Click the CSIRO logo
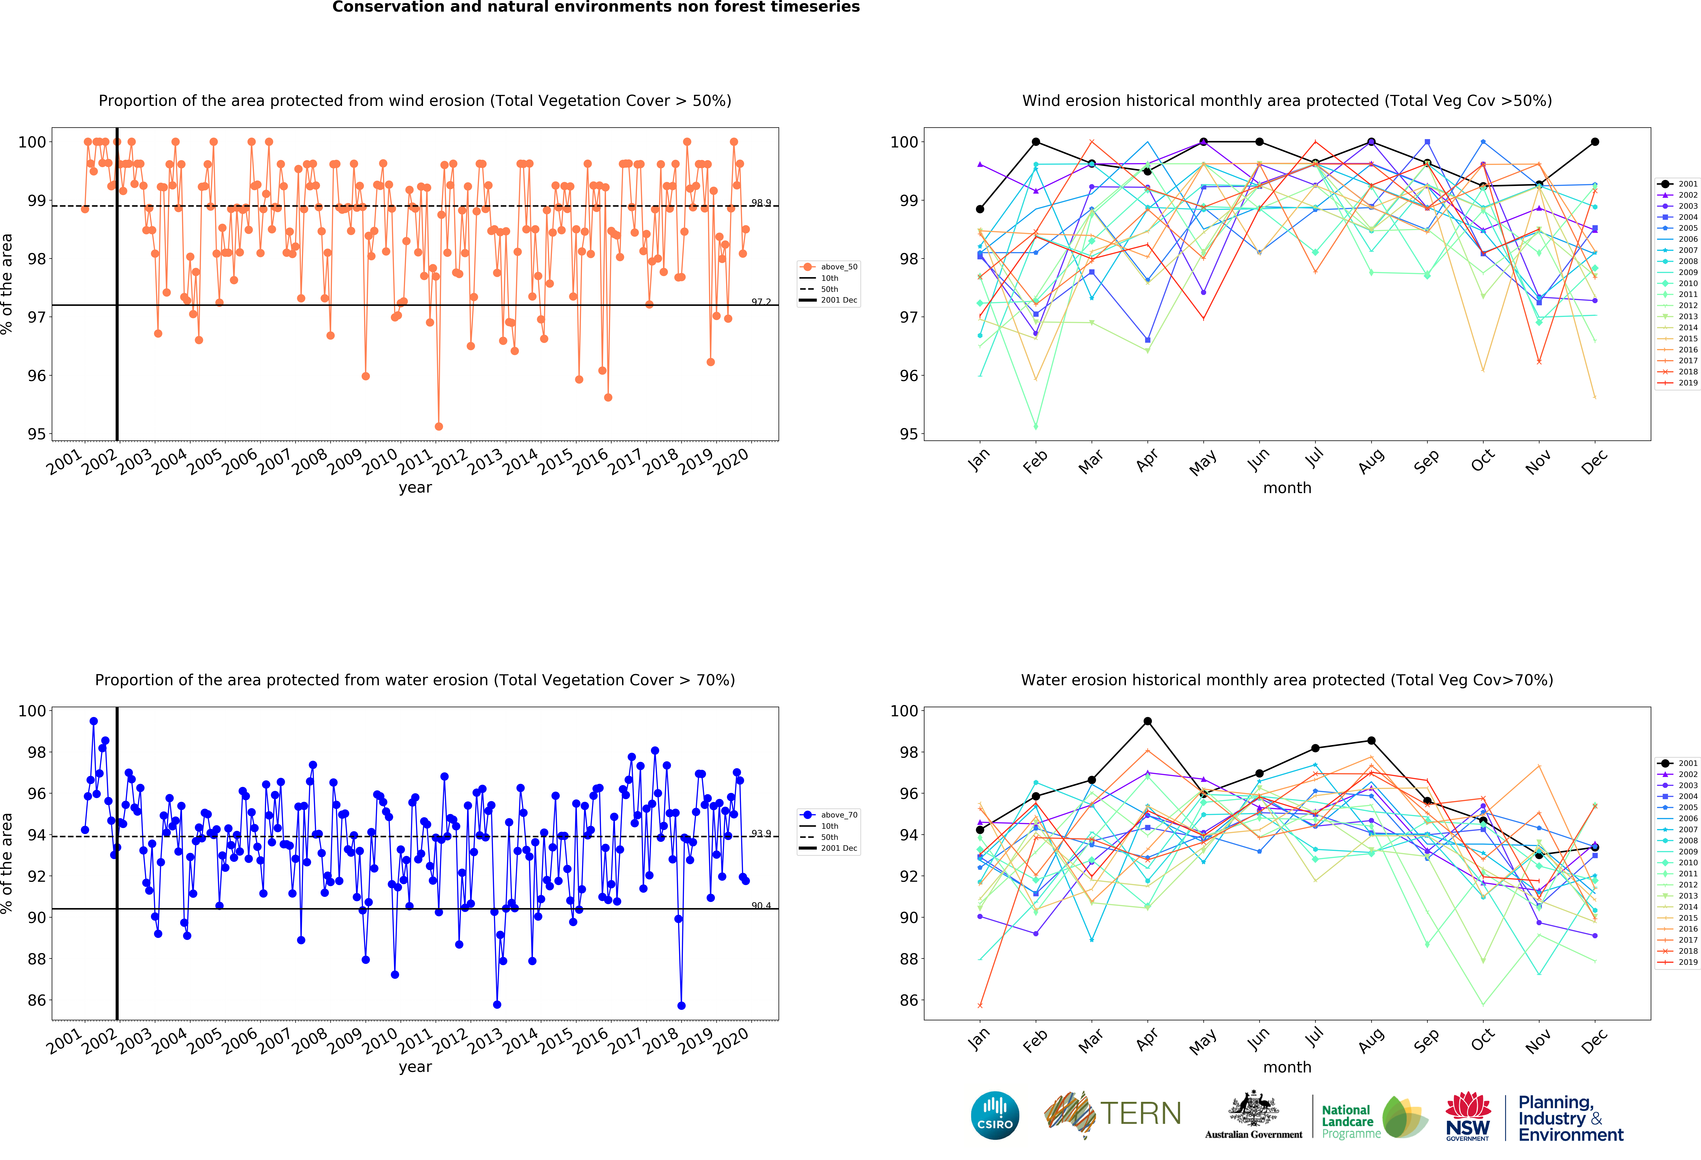(x=995, y=1115)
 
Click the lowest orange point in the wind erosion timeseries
(x=438, y=426)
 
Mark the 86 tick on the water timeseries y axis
(x=37, y=1000)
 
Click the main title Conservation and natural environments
(x=596, y=7)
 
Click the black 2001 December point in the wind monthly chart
(x=1595, y=142)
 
